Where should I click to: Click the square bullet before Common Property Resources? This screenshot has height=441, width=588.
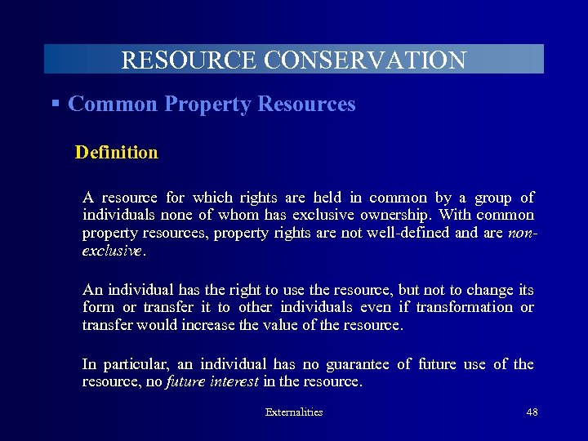click(x=56, y=104)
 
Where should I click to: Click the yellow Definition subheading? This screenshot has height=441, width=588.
click(x=116, y=152)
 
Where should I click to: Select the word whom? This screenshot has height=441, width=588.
click(x=240, y=215)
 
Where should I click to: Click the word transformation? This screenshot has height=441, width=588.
click(x=464, y=307)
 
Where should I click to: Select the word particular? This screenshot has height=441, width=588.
click(x=135, y=364)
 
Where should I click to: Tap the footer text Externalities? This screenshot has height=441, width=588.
click(x=294, y=412)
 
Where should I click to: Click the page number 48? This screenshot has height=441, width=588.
click(x=532, y=412)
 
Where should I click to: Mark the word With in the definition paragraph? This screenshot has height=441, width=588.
click(x=455, y=215)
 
